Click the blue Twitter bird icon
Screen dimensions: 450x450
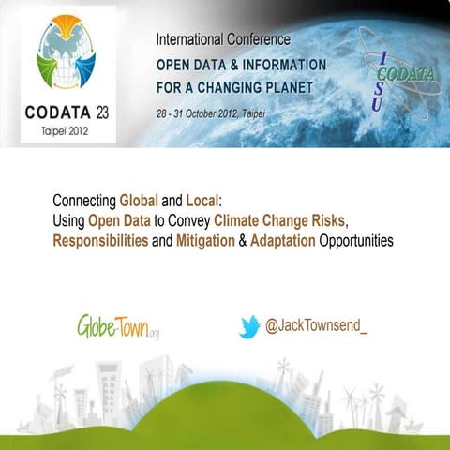click(x=248, y=327)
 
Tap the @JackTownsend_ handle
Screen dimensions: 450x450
click(x=318, y=327)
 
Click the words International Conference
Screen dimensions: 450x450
click(x=223, y=40)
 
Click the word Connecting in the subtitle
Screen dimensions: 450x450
click(x=84, y=201)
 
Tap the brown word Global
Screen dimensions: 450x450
click(x=139, y=201)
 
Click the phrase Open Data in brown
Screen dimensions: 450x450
click(x=117, y=220)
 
